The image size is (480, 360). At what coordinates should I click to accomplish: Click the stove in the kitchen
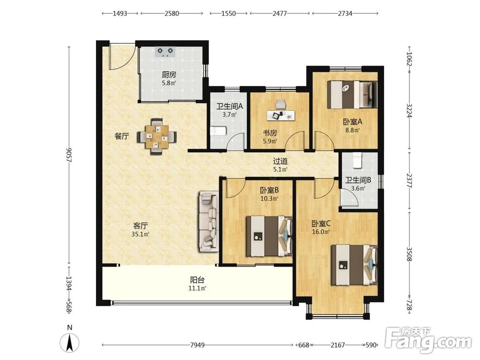pyautogui.click(x=166, y=52)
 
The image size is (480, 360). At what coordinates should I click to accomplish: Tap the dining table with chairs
pyautogui.click(x=157, y=136)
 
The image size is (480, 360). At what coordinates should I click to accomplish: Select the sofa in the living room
pyautogui.click(x=209, y=222)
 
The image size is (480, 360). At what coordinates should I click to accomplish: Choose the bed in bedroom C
pyautogui.click(x=355, y=265)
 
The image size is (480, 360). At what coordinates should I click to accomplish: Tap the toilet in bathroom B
pyautogui.click(x=358, y=160)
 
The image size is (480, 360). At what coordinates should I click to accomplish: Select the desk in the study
pyautogui.click(x=281, y=115)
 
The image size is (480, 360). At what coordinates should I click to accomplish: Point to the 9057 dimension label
pyautogui.click(x=70, y=155)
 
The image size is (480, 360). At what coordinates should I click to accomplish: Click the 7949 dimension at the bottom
pyautogui.click(x=197, y=345)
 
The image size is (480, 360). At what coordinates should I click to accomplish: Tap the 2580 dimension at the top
pyautogui.click(x=171, y=13)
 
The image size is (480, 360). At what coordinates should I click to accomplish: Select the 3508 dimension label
pyautogui.click(x=409, y=254)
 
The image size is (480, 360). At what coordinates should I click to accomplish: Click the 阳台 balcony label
pyautogui.click(x=197, y=280)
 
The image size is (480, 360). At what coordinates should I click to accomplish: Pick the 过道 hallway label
pyautogui.click(x=280, y=161)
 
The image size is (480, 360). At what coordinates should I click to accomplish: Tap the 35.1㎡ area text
pyautogui.click(x=140, y=235)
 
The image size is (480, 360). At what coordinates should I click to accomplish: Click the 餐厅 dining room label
pyautogui.click(x=121, y=136)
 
